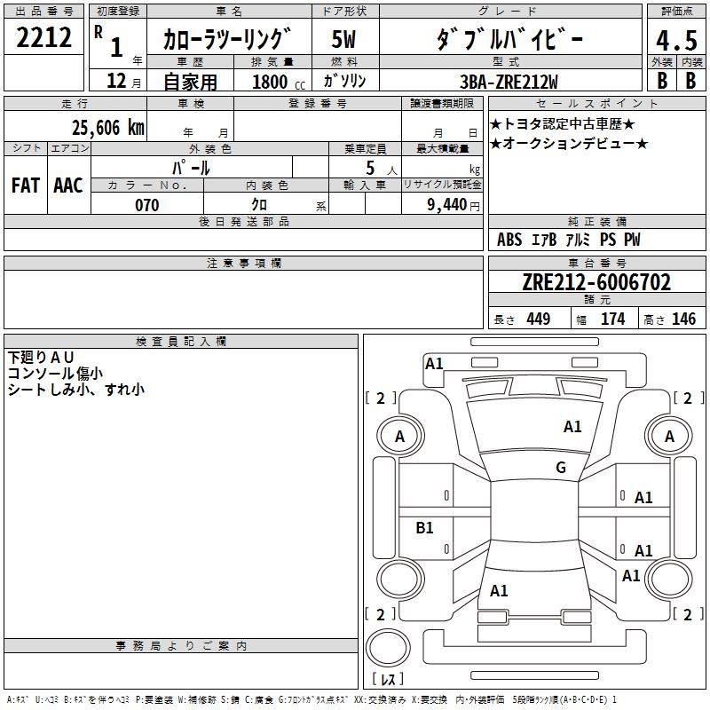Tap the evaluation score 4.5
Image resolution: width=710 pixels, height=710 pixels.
click(676, 41)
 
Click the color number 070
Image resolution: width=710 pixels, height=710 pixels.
click(146, 205)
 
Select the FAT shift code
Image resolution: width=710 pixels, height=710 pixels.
click(26, 185)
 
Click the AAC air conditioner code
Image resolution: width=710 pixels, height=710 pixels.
click(68, 185)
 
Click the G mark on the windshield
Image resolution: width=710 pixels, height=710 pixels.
click(561, 468)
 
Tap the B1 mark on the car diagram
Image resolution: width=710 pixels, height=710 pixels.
click(425, 528)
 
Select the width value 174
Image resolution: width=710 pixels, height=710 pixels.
click(613, 319)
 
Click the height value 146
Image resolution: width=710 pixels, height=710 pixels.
click(683, 319)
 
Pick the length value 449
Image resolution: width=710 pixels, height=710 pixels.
click(538, 319)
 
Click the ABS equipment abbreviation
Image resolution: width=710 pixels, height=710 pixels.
click(509, 240)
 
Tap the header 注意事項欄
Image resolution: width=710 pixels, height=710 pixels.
click(244, 264)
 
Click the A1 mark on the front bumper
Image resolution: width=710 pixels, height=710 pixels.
click(434, 363)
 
